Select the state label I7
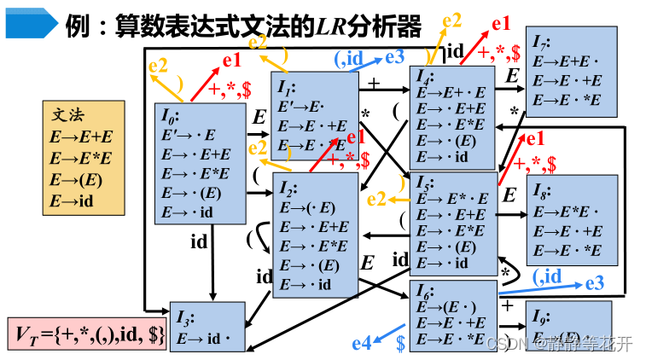coord(541,43)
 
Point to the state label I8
coord(540,191)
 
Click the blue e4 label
coord(362,343)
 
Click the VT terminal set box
coord(88,334)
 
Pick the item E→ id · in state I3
coord(205,339)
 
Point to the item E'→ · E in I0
coord(188,135)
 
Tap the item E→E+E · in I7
coord(567,61)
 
